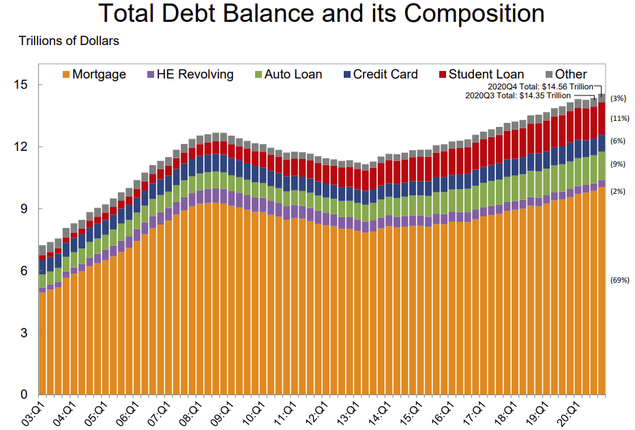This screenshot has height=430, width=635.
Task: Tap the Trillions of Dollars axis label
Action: point(69,41)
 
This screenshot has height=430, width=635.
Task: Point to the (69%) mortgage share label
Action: point(619,280)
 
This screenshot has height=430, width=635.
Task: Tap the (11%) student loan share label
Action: point(619,118)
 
